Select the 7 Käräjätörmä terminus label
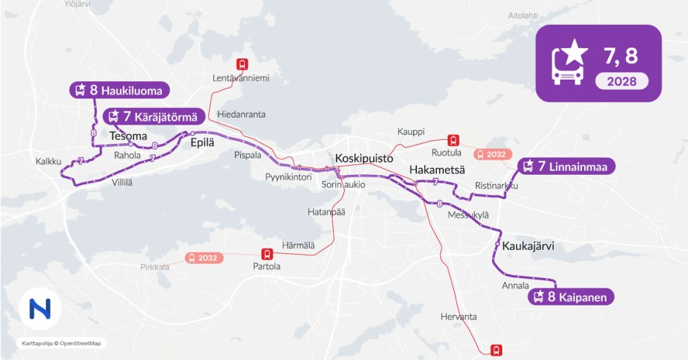tap(153, 116)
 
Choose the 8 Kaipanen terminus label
tap(570, 297)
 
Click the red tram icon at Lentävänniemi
tap(241, 64)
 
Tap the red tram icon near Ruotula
tap(453, 140)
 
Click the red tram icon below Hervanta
tap(496, 350)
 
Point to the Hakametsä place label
tap(437, 170)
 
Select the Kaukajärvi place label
tap(528, 246)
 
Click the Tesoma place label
tap(129, 136)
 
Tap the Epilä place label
tap(202, 142)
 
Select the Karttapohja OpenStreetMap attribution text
tap(61, 343)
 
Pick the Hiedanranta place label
tap(241, 114)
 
